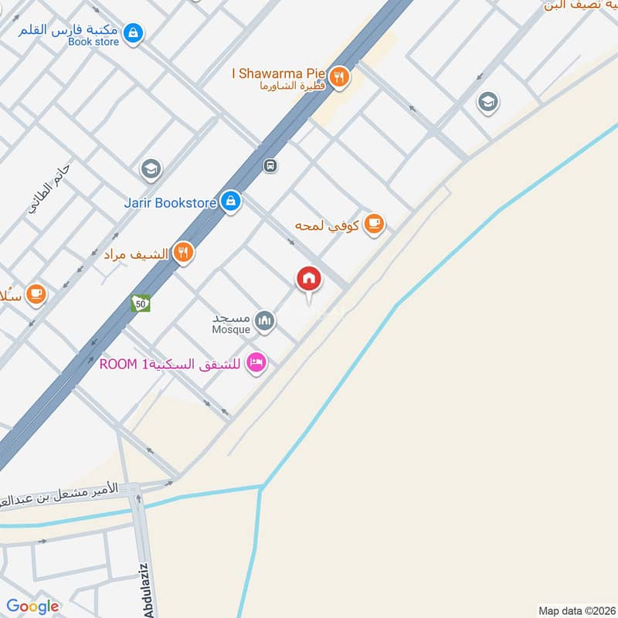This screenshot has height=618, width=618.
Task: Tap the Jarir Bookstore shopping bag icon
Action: click(230, 202)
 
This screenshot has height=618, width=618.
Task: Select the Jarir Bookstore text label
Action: click(170, 203)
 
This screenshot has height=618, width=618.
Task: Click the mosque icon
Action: click(265, 320)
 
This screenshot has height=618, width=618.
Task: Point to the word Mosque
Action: click(231, 330)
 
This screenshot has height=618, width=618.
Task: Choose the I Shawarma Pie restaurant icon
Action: click(338, 76)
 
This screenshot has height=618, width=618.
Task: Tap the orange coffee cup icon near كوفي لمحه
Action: click(374, 224)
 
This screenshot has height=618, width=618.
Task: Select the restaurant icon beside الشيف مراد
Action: click(182, 253)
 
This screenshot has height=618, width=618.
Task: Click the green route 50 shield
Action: click(141, 303)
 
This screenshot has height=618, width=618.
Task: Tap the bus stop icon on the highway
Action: click(270, 165)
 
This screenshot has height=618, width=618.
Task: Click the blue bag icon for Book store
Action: click(134, 32)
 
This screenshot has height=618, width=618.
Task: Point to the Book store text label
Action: click(93, 42)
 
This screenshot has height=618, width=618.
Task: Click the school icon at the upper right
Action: click(487, 101)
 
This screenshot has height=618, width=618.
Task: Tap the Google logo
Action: click(33, 606)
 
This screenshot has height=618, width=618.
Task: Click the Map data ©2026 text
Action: click(576, 611)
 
